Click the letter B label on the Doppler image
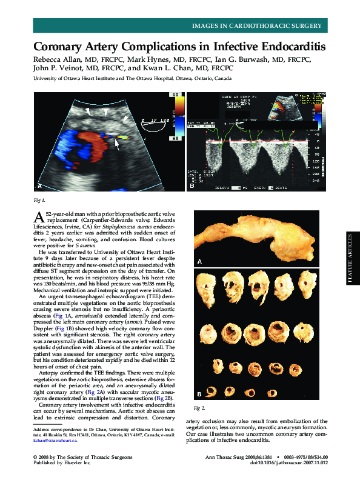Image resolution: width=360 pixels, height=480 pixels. [x=192, y=185]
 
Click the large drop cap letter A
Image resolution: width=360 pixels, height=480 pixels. [x=37, y=218]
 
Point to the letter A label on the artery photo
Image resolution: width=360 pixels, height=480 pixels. [x=199, y=261]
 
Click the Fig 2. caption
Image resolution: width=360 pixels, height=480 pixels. [x=199, y=407]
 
